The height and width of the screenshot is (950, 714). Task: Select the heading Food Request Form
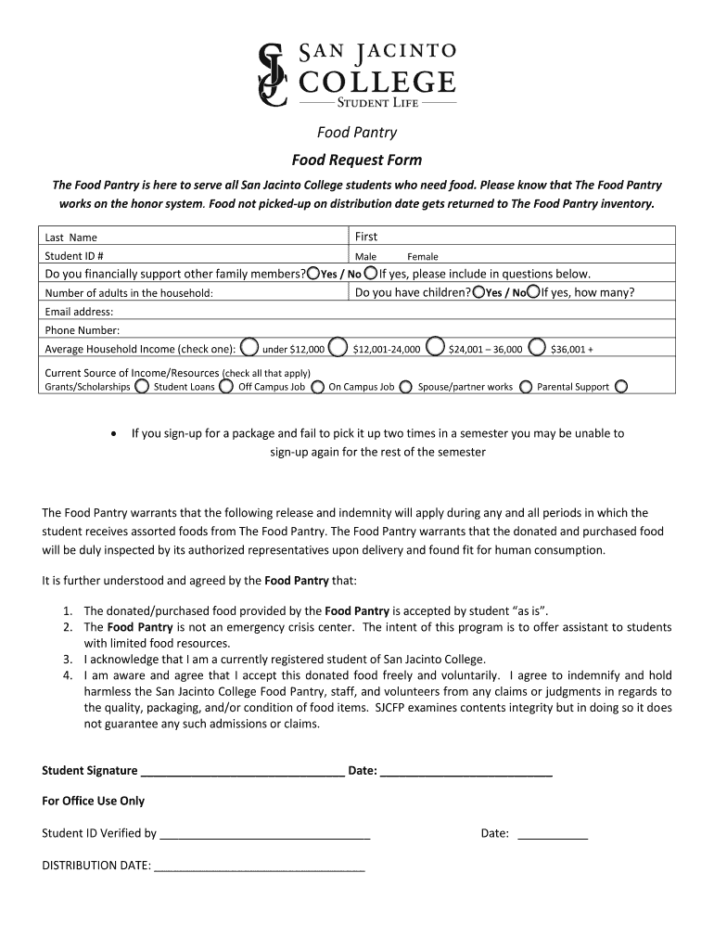(357, 160)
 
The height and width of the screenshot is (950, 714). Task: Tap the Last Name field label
(71, 237)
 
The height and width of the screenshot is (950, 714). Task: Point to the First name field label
(367, 237)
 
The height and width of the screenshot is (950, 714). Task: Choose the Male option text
(365, 257)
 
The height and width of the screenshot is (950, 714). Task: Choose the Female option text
(423, 257)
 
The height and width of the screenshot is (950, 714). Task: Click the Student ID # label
(74, 256)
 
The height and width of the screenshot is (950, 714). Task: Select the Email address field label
(80, 312)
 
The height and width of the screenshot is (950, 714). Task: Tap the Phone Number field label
(83, 330)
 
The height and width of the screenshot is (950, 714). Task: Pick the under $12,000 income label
(294, 350)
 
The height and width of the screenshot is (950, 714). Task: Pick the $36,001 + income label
(571, 350)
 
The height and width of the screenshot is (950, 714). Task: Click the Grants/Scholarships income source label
(88, 387)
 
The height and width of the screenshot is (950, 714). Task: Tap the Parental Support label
(573, 387)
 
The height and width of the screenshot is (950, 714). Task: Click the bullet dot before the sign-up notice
(112, 433)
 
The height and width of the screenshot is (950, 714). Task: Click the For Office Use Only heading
(94, 801)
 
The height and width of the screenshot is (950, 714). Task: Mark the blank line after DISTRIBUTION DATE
(260, 868)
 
